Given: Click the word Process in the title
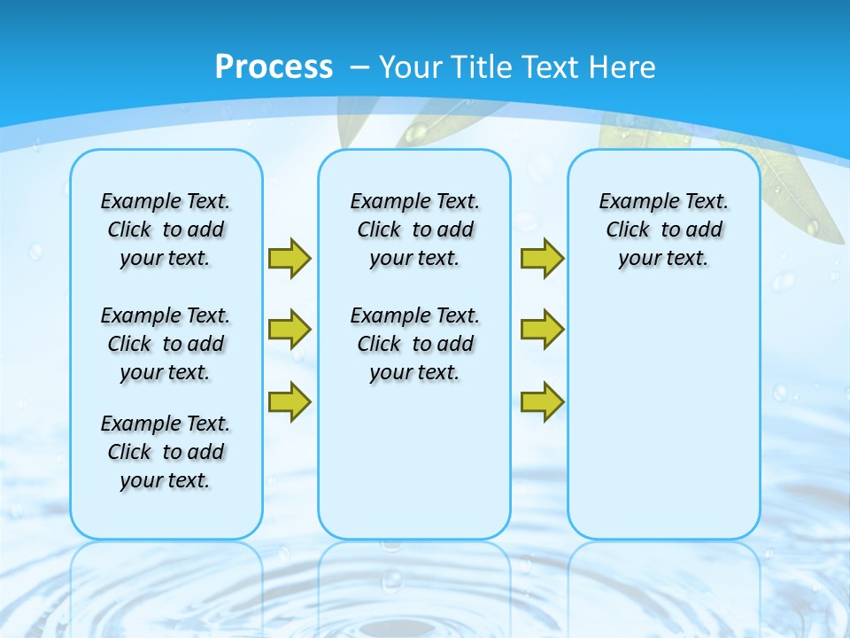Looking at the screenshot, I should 274,67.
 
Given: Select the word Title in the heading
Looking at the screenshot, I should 483,67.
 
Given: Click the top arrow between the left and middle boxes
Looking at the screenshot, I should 289,258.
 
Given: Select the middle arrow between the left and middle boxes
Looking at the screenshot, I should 289,330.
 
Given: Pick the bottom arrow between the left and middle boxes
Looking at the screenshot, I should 289,401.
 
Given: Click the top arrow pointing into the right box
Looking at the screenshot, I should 542,258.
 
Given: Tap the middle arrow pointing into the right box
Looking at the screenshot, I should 542,330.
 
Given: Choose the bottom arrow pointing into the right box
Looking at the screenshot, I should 542,401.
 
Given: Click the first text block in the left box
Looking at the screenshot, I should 166,230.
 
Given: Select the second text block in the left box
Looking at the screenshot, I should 166,344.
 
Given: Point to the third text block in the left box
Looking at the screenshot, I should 166,452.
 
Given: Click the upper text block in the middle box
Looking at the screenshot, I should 414,230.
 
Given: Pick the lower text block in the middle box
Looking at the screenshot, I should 414,344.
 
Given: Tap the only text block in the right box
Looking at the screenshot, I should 663,230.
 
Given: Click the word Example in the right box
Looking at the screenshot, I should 631,201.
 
